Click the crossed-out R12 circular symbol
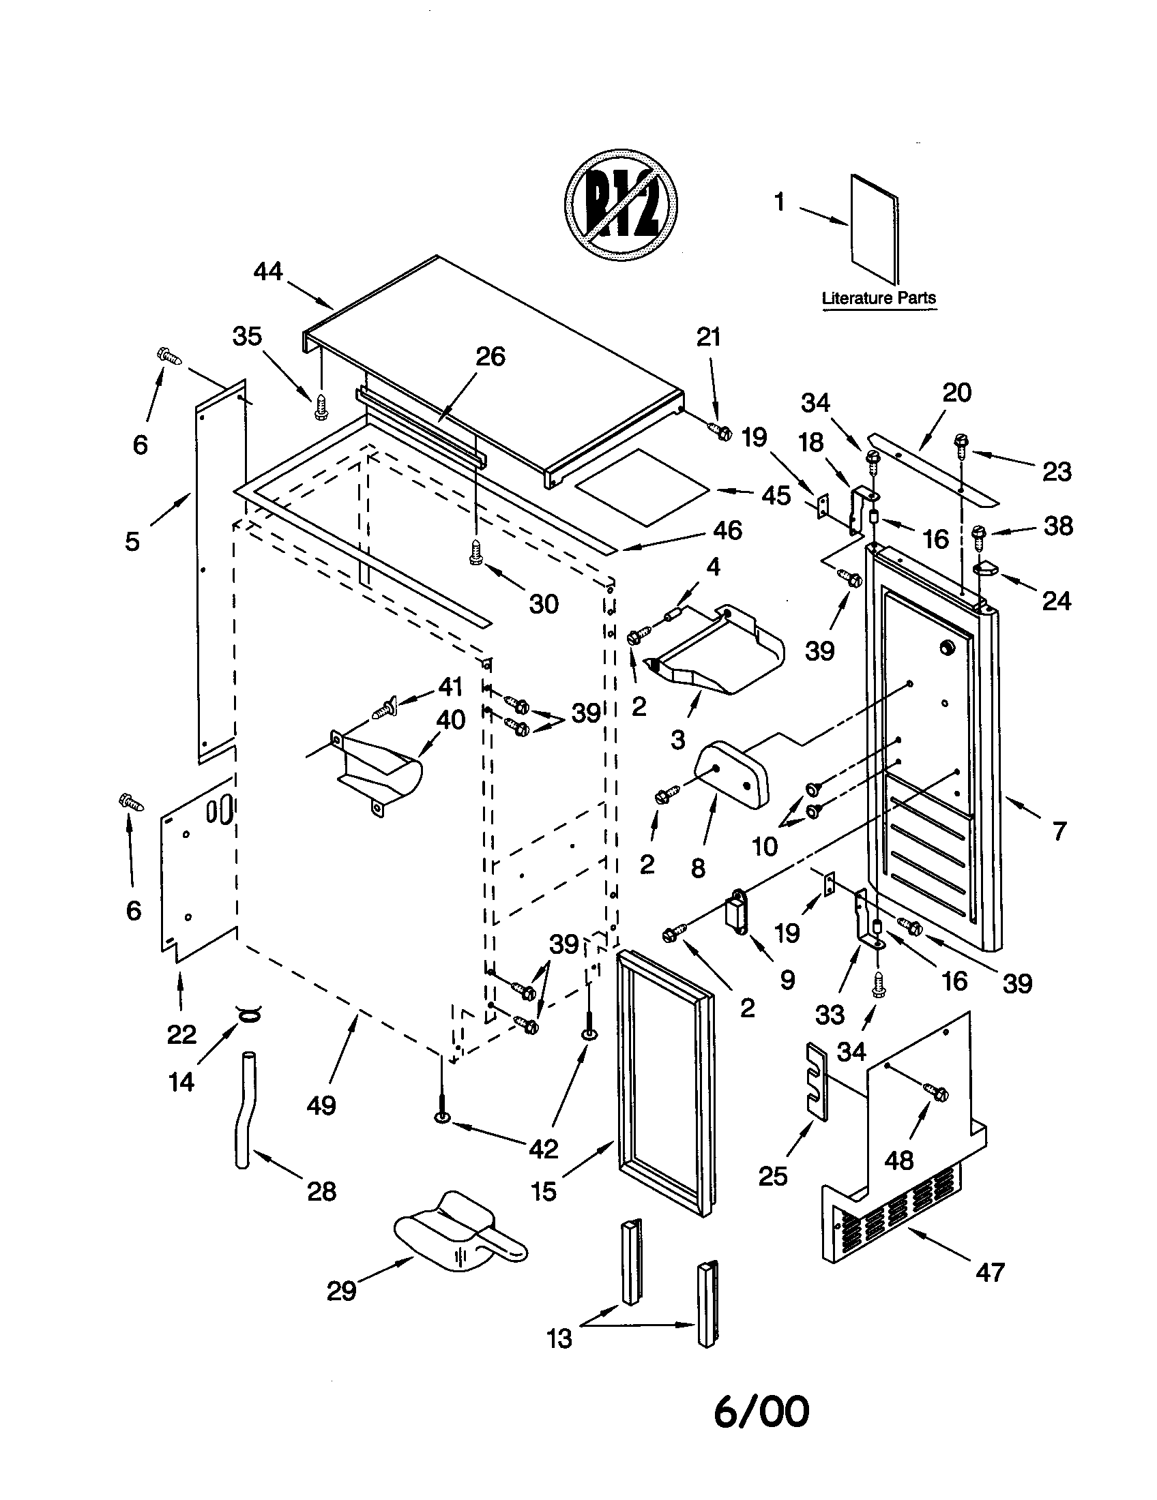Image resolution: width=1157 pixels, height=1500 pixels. tap(620, 205)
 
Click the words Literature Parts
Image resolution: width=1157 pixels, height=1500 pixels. tap(879, 298)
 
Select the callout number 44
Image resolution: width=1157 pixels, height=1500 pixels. tap(268, 272)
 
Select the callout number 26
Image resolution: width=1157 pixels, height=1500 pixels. tap(490, 357)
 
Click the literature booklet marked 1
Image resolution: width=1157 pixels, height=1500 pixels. tap(875, 228)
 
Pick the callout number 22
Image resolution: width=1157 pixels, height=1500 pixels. tap(181, 1034)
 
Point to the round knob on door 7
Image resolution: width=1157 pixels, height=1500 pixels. tap(946, 646)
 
